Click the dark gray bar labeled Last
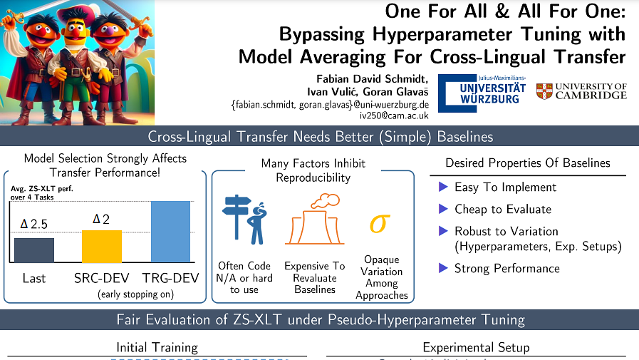(x=34, y=250)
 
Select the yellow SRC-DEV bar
(x=102, y=247)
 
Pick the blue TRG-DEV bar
(x=171, y=232)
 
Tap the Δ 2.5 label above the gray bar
(x=33, y=224)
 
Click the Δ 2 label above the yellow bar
(x=101, y=217)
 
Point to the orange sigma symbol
(x=380, y=222)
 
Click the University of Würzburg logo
(x=482, y=93)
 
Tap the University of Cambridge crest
(x=544, y=91)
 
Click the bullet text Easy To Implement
(x=505, y=187)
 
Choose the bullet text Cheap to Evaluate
(x=503, y=209)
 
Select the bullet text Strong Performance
(x=507, y=269)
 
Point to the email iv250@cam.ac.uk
(x=394, y=115)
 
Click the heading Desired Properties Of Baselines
(x=527, y=163)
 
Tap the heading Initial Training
(x=157, y=348)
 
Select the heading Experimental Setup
(x=476, y=348)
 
